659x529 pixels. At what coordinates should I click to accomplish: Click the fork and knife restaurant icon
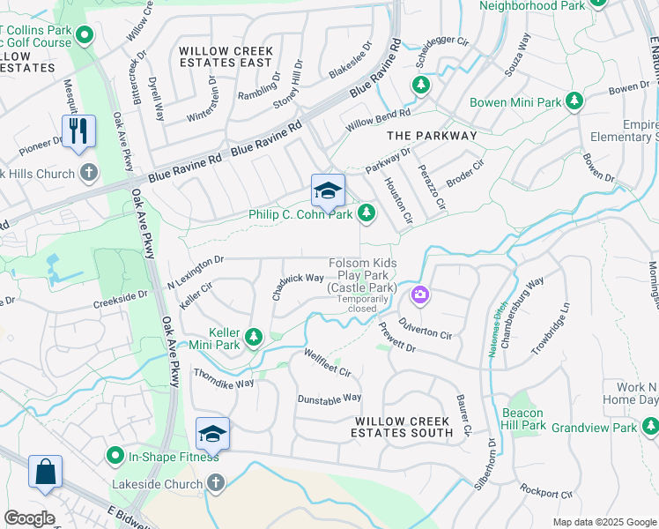(78, 131)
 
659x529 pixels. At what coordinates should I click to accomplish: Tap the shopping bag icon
(45, 472)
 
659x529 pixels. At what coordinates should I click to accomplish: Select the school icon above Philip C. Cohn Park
(328, 191)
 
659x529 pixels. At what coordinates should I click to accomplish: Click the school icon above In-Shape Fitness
(212, 433)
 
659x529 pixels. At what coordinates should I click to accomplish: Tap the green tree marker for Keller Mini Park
(254, 336)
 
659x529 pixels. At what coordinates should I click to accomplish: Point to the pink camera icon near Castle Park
(420, 294)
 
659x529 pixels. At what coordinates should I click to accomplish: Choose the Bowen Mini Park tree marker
(574, 102)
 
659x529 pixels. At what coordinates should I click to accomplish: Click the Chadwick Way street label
(298, 285)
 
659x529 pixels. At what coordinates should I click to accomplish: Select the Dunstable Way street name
(329, 399)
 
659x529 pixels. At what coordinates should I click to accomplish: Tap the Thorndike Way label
(224, 378)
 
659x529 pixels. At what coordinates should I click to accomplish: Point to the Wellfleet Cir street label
(328, 362)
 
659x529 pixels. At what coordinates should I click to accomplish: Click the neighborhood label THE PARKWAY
(432, 136)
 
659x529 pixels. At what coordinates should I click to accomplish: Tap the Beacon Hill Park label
(523, 419)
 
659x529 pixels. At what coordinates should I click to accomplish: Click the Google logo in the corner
(28, 518)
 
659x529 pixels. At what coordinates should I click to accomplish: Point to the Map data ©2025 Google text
(603, 522)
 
